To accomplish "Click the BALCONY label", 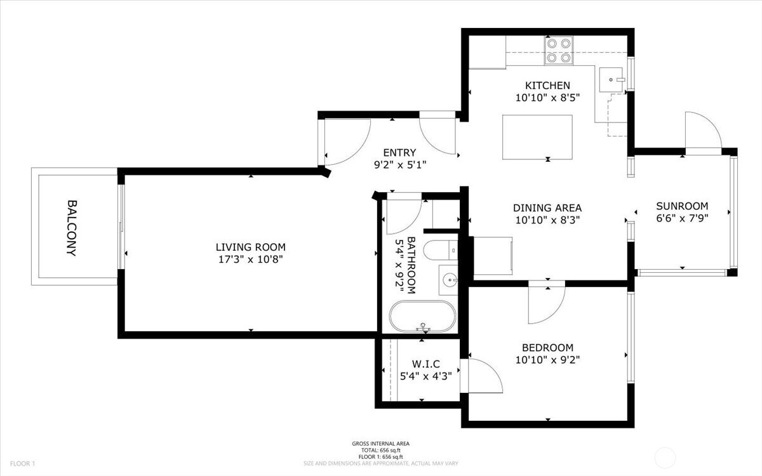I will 72,228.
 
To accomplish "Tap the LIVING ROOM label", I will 250,247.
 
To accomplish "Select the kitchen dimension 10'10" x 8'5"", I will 547,98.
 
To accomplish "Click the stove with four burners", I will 559,50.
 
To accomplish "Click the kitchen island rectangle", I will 537,137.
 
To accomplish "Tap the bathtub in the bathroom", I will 422,317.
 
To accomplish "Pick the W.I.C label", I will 425,364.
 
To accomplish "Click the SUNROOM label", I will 682,206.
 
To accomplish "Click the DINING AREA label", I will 547,208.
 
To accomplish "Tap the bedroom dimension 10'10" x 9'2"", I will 547,360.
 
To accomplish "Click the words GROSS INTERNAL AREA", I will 381,444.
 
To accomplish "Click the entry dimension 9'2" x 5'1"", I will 399,165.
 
